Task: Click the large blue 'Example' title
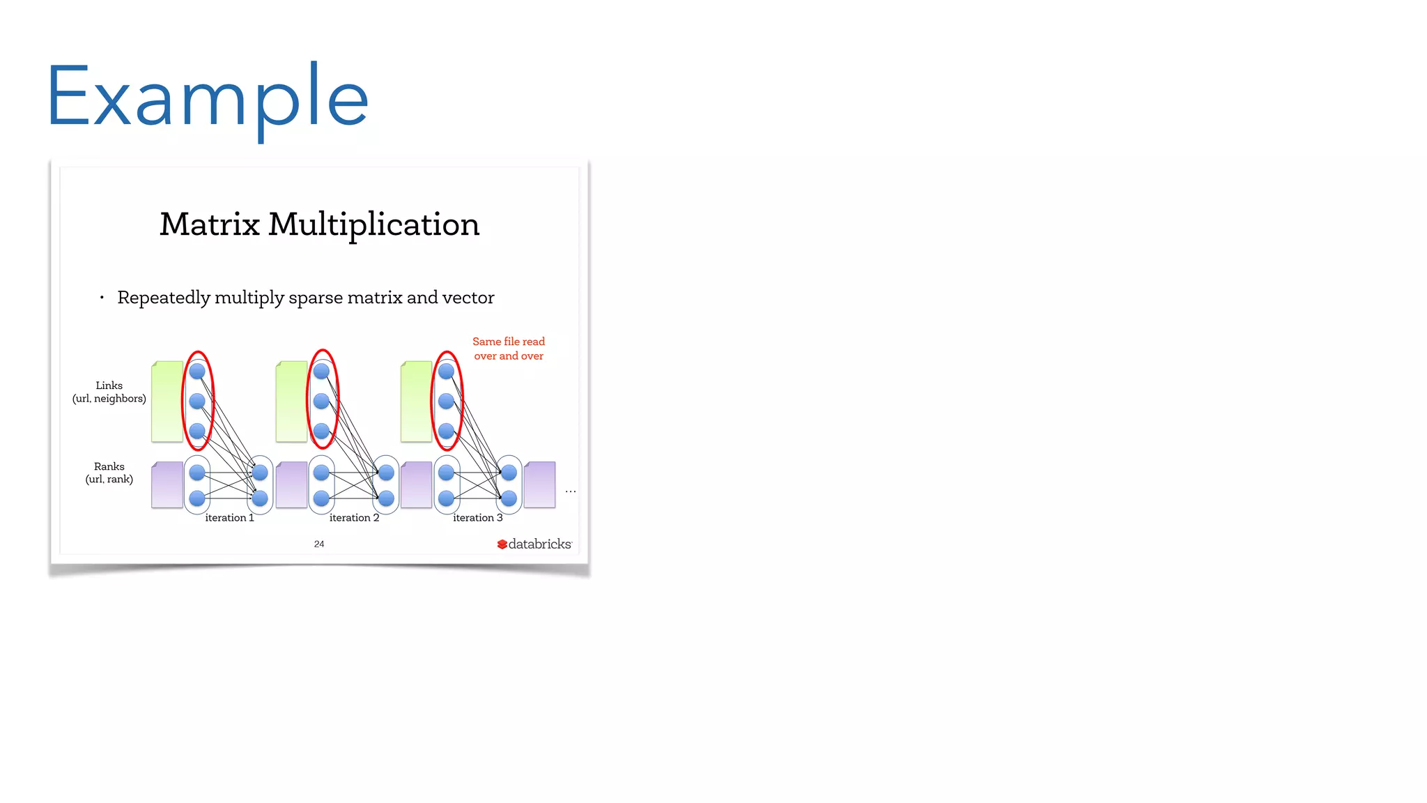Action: coord(207,98)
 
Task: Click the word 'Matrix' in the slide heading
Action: coord(209,224)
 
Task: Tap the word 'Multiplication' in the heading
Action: coord(374,224)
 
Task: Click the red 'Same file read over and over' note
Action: coord(509,349)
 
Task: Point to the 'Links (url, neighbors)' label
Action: coord(109,392)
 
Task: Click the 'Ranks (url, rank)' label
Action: coord(109,473)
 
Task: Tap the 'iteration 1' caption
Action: coord(229,518)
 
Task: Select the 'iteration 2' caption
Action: coord(354,518)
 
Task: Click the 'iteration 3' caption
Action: coord(477,518)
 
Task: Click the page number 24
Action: coord(319,544)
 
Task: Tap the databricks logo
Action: coord(534,544)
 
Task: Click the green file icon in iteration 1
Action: coord(167,401)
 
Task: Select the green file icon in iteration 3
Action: coord(417,401)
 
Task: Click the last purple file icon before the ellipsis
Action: coord(540,484)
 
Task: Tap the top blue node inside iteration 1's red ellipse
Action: coord(197,371)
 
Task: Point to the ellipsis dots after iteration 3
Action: coord(571,491)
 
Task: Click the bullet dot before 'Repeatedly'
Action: coord(102,298)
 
